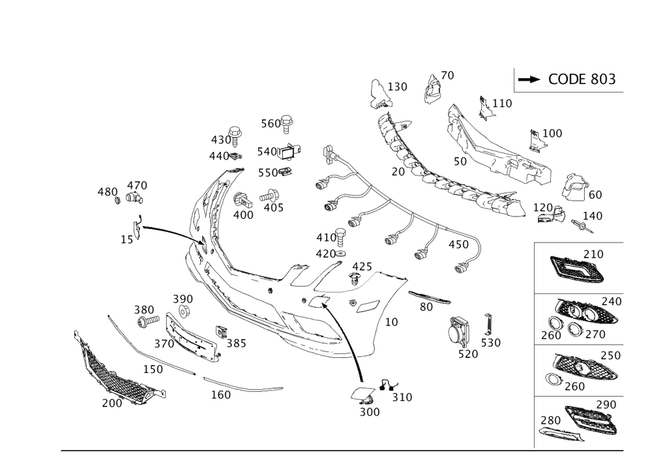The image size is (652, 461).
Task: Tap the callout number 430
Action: tap(220, 140)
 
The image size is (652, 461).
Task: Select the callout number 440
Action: tap(219, 156)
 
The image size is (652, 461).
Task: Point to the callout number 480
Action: tap(106, 192)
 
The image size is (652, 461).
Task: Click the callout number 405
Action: tap(273, 207)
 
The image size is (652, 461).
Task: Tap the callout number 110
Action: tap(501, 103)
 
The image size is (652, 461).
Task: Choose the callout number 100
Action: tap(551, 134)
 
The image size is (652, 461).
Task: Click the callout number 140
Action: tap(592, 215)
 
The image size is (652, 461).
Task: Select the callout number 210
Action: tap(593, 253)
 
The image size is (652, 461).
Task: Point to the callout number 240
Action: tap(612, 301)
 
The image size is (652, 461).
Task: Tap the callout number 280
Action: tap(551, 419)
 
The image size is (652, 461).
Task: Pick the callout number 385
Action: tap(235, 344)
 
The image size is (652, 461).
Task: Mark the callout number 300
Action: tap(370, 412)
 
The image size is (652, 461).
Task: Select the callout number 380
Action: tap(144, 309)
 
